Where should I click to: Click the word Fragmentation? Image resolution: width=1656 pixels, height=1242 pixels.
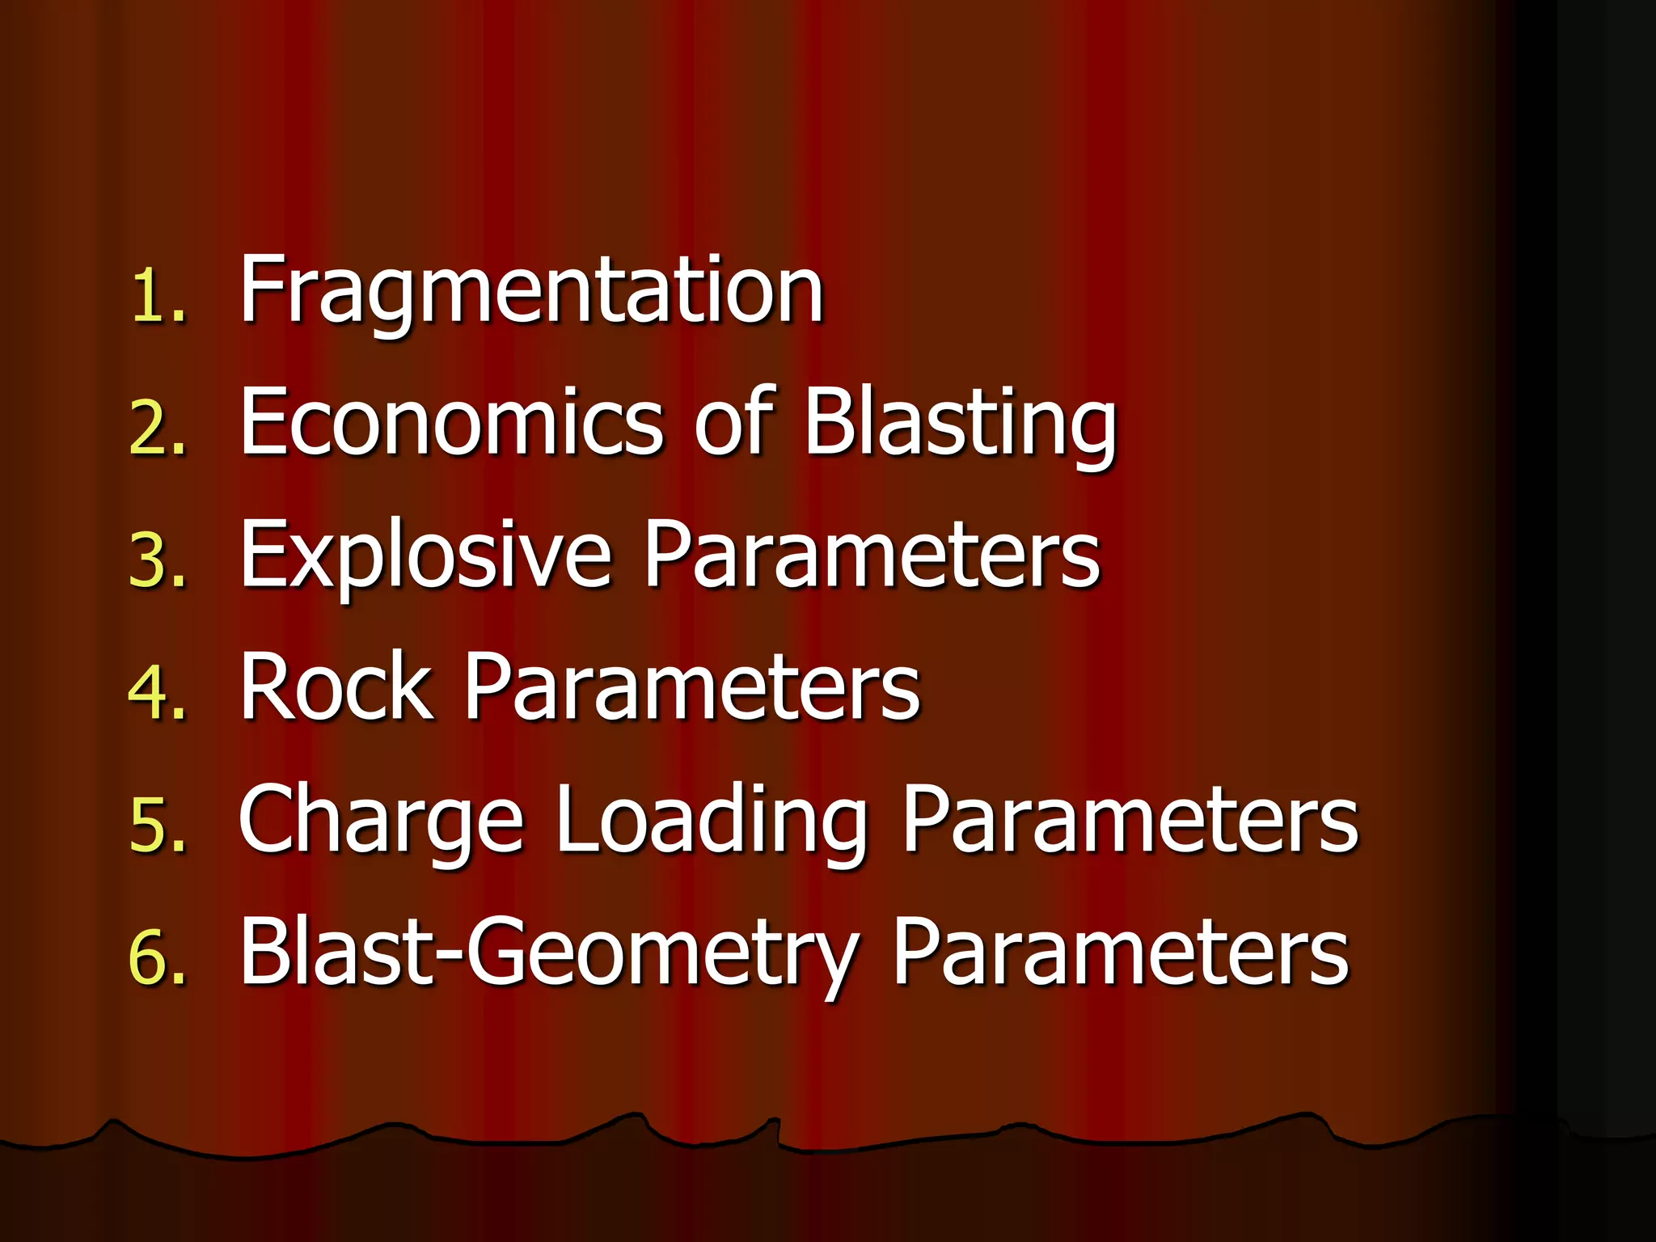click(x=531, y=291)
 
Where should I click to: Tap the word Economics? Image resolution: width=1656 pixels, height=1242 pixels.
click(x=451, y=421)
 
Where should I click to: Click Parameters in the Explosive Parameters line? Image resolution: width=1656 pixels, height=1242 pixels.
click(x=872, y=555)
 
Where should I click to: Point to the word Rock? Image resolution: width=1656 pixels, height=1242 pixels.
click(x=336, y=686)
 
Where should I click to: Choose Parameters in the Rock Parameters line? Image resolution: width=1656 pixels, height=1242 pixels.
click(x=692, y=687)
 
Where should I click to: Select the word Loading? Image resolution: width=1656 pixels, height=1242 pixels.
click(x=712, y=821)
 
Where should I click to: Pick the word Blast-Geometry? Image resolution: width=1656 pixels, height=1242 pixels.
click(x=548, y=954)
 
